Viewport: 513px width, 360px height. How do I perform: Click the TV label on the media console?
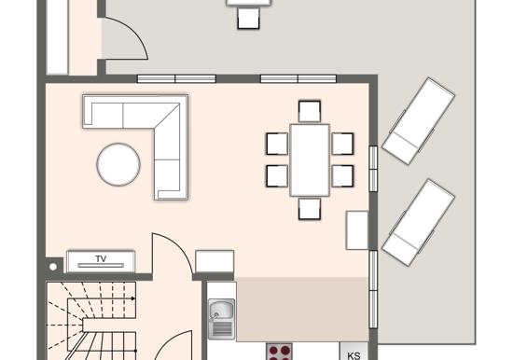point(101,258)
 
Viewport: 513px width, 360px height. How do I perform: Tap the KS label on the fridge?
point(354,355)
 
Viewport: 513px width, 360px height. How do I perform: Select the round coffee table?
point(118,164)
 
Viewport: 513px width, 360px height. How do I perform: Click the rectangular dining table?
point(310,160)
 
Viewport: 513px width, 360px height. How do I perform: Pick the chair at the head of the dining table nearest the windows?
point(310,111)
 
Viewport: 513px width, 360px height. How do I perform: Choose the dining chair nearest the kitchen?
point(310,209)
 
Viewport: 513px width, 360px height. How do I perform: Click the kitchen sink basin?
point(221,310)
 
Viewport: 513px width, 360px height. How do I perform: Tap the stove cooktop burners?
point(279,352)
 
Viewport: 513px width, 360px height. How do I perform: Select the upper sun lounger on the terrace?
point(419,120)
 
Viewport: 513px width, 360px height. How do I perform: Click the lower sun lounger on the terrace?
point(419,222)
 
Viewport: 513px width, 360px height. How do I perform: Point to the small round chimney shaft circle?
point(53,267)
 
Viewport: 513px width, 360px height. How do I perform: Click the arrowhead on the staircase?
point(133,298)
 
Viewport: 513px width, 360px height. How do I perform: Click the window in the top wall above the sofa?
point(176,78)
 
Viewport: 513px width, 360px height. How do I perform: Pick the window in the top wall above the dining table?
point(298,78)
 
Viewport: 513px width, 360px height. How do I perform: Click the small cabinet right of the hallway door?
point(215,261)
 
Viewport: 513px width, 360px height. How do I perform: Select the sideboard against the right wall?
point(357,230)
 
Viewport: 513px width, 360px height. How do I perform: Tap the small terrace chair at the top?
point(249,19)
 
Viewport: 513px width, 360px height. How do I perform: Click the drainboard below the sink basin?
point(221,329)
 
